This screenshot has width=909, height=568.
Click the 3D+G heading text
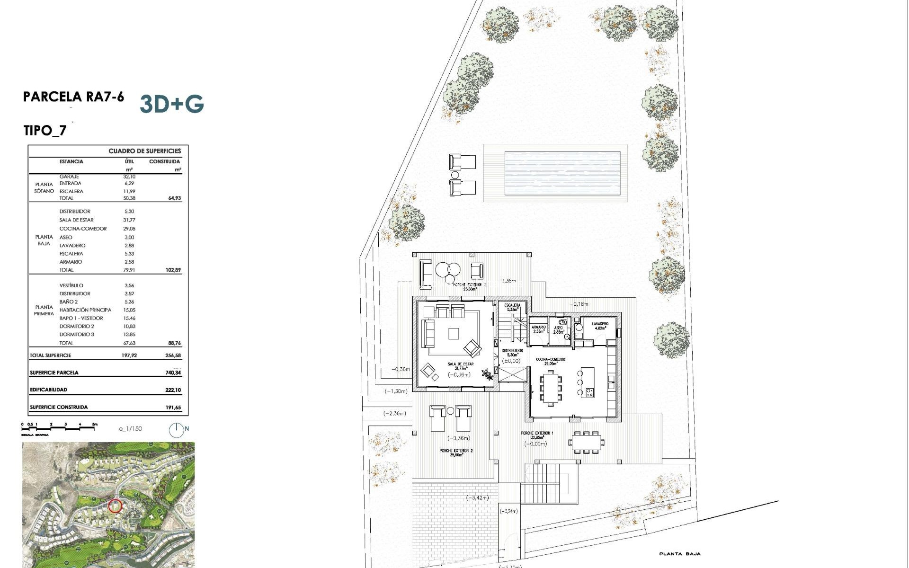172,104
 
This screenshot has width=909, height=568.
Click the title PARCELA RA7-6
73,97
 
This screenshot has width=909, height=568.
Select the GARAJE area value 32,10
129,177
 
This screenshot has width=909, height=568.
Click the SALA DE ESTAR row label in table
76,220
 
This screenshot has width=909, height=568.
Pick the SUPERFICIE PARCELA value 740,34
173,373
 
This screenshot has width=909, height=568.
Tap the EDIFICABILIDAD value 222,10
173,390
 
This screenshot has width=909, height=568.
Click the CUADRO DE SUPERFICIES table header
144,151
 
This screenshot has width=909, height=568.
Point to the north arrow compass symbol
176,429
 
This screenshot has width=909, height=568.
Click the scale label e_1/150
130,429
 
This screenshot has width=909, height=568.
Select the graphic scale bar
59,426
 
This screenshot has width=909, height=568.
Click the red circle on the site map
115,506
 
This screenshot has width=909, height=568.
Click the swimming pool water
562,173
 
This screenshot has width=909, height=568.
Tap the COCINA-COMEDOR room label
550,359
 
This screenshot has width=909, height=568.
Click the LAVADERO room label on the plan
599,324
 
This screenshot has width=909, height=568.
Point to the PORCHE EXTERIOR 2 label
455,451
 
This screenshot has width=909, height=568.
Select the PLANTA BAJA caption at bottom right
679,554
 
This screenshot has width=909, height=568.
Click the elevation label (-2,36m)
394,414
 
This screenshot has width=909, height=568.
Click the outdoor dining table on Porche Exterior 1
586,443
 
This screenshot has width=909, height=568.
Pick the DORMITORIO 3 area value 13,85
129,335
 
